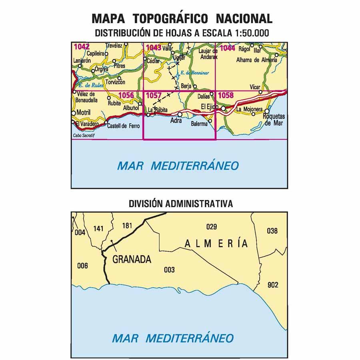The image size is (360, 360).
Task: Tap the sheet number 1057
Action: pyautogui.click(x=154, y=96)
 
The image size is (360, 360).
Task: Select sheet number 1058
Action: pyautogui.click(x=226, y=96)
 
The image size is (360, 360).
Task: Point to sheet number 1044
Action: pyautogui.click(x=227, y=48)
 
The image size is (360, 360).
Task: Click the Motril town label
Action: pyautogui.click(x=84, y=112)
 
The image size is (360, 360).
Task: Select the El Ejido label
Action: pyautogui.click(x=209, y=106)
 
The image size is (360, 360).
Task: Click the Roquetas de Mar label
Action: pyautogui.click(x=274, y=120)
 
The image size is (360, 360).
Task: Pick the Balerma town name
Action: pyautogui.click(x=199, y=124)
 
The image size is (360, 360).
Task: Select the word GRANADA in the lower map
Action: pyautogui.click(x=132, y=259)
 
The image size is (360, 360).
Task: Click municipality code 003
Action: pyautogui.click(x=170, y=270)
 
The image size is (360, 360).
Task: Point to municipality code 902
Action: pyautogui.click(x=273, y=285)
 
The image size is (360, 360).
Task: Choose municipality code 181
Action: pyautogui.click(x=127, y=226)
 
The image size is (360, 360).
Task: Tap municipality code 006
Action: pyautogui.click(x=82, y=266)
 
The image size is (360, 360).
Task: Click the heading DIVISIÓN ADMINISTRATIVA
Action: pyautogui.click(x=181, y=204)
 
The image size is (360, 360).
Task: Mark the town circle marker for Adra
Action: pyautogui.click(x=180, y=114)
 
